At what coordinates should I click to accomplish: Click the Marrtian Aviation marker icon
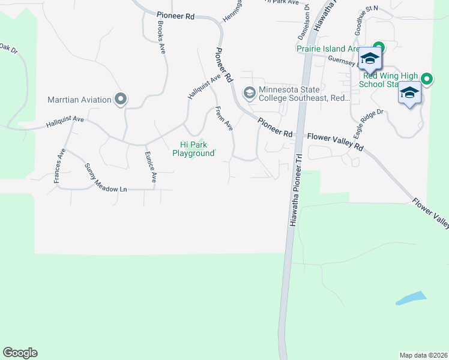pos(121,99)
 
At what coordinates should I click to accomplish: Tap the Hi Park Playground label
pos(193,149)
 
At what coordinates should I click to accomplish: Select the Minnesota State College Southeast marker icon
pos(249,93)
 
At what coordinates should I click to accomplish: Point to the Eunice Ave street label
pos(150,166)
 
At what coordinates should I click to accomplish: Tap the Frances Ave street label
pos(59,166)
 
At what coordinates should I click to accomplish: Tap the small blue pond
pos(411,298)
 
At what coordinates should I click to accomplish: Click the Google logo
pos(20,353)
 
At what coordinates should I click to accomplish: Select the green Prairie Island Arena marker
pos(378,47)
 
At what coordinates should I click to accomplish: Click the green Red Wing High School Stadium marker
pos(427,79)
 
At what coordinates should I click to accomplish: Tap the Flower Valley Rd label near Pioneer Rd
pos(336,142)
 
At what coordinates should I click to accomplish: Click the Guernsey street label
pos(342,59)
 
